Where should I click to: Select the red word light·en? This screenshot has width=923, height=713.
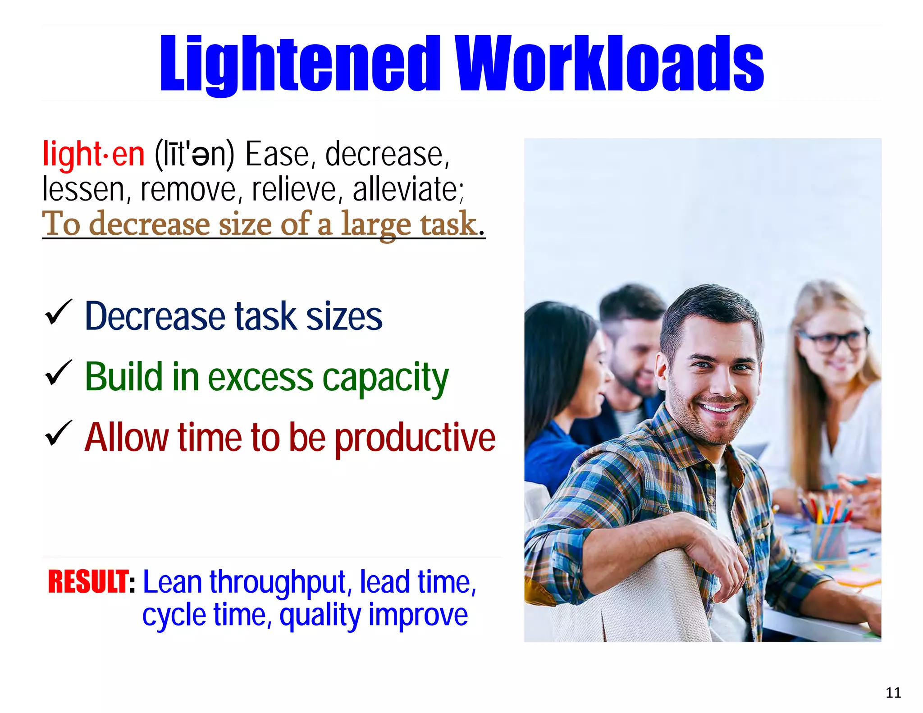pyautogui.click(x=93, y=154)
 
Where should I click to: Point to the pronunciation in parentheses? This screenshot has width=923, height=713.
pyautogui.click(x=194, y=154)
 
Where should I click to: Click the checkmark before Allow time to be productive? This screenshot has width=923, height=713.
pyautogui.click(x=58, y=433)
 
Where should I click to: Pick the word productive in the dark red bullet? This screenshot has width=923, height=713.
pyautogui.click(x=415, y=438)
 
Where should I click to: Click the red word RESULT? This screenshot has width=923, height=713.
pyautogui.click(x=89, y=581)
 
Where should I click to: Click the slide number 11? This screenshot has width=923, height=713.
pyautogui.click(x=893, y=692)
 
